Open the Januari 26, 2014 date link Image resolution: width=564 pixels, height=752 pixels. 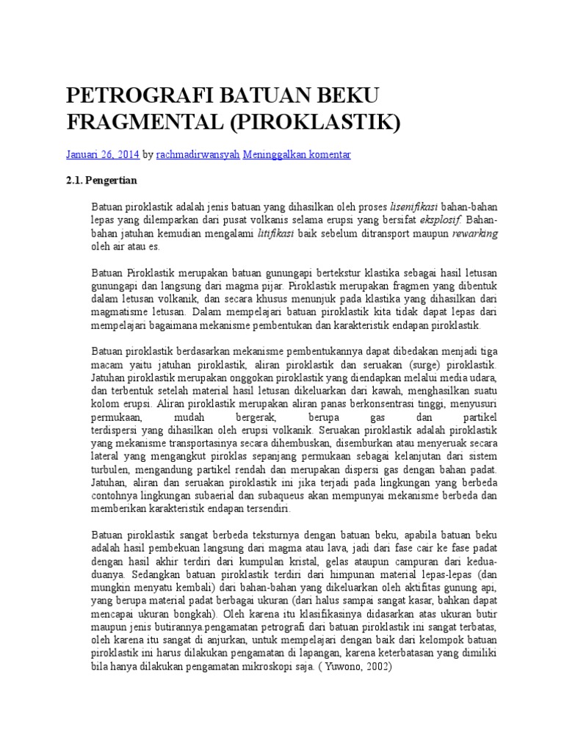click(x=102, y=155)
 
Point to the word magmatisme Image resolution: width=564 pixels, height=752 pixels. click(x=118, y=311)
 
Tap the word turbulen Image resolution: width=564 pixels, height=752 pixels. click(x=112, y=469)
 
